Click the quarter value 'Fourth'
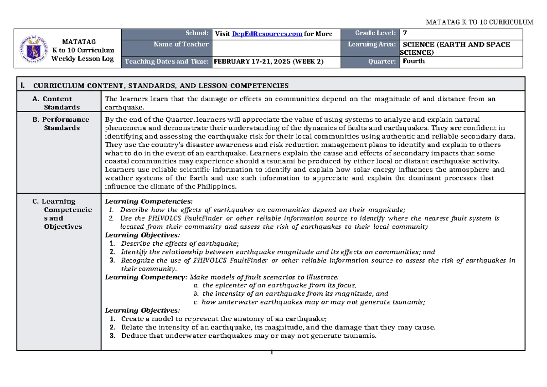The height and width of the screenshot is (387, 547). coord(413,62)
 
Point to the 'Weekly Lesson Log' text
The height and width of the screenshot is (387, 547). coord(76,58)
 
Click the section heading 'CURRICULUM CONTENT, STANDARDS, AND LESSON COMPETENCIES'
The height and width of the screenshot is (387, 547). coord(161,85)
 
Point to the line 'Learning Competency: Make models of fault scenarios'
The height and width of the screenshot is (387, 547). coord(222,277)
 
